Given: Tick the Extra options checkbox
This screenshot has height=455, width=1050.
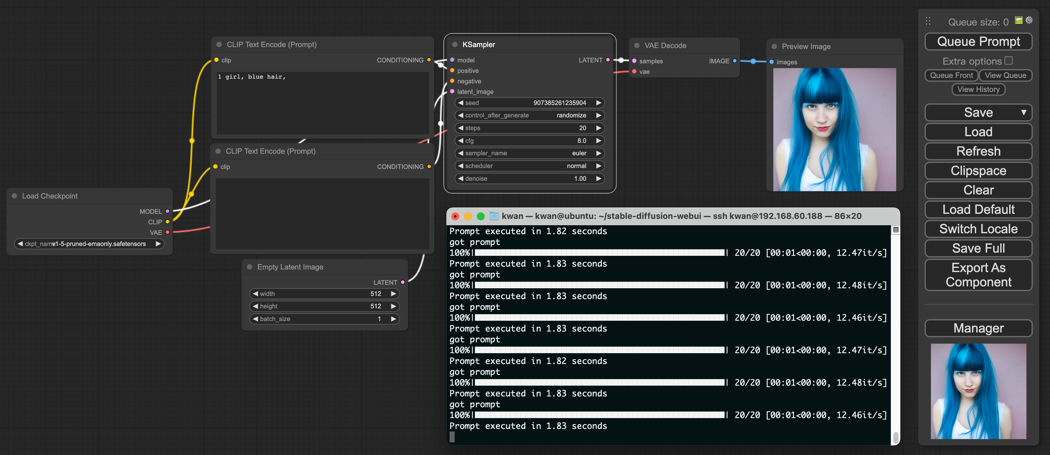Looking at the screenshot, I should pos(1008,61).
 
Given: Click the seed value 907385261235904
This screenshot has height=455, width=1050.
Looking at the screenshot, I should pos(559,103).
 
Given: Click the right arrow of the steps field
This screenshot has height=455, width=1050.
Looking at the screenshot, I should pos(598,128).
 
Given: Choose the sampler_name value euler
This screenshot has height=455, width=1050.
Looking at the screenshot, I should pos(579,153).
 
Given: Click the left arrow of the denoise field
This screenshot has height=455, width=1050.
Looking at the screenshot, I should pos(461,178).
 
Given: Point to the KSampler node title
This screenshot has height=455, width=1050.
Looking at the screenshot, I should pos(479,45).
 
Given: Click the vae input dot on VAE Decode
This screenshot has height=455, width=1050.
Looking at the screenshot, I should pos(634,72).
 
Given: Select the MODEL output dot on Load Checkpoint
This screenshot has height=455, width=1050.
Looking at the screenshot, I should pos(167,211).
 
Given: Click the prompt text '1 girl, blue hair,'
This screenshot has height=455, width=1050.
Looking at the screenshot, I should pos(252,77).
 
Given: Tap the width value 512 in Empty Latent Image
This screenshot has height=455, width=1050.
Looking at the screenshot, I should pos(375,294).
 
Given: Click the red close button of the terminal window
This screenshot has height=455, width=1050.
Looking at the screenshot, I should pos(455,216).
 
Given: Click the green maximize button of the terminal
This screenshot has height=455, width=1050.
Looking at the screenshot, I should pos(480,216).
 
